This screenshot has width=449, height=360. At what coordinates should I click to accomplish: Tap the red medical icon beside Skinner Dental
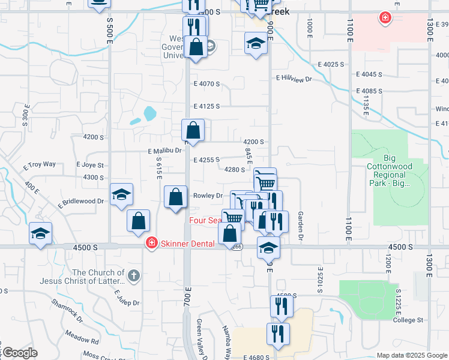152,243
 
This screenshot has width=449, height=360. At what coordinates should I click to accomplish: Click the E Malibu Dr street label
164,151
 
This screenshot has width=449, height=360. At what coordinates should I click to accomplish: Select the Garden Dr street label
300,223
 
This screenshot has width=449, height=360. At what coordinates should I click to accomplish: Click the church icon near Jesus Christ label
133,277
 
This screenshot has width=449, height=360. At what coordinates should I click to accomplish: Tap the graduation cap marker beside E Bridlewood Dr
121,195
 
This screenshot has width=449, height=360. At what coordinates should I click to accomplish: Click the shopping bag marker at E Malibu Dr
193,131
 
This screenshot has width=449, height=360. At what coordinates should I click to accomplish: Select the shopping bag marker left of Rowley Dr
175,197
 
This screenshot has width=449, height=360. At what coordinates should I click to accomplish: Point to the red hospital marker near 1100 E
384,19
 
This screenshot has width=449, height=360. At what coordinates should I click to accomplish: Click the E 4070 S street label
206,84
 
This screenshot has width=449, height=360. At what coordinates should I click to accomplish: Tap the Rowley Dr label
208,196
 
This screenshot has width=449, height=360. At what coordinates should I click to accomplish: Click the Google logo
19,353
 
